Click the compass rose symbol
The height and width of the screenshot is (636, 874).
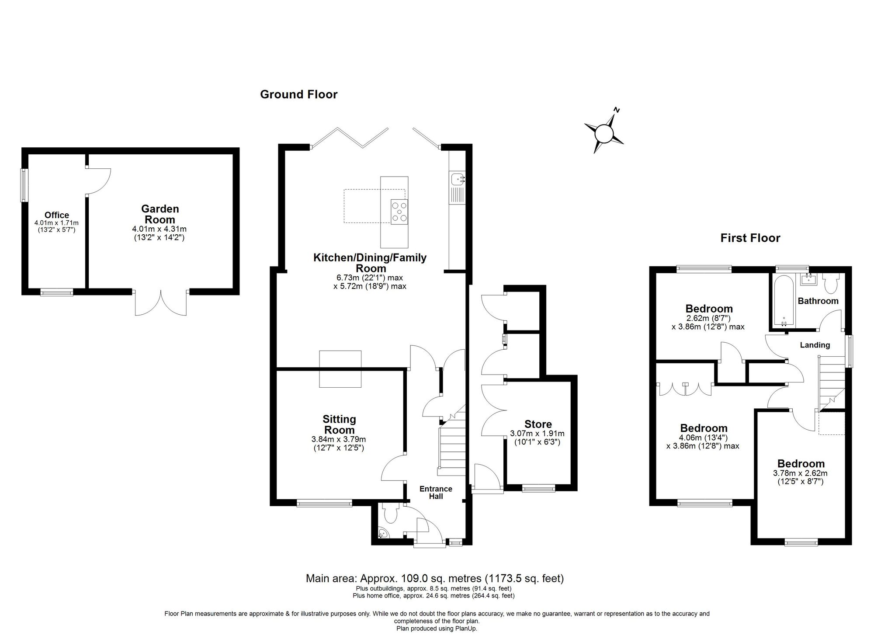(x=604, y=132)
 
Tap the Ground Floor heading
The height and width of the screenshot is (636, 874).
(x=298, y=94)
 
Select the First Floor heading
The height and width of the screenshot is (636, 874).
(x=750, y=238)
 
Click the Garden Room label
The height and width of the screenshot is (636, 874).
(x=160, y=214)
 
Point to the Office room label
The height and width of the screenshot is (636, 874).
(x=57, y=215)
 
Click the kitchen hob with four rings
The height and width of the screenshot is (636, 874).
(x=399, y=212)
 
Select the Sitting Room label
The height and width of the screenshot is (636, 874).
(x=339, y=424)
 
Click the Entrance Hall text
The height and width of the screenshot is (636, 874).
(x=436, y=492)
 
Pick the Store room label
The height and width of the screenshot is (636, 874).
(x=538, y=424)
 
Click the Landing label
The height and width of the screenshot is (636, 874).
(x=815, y=345)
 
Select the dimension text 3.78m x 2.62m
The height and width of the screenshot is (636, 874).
(x=800, y=473)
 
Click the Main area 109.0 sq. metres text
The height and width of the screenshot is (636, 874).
(x=434, y=578)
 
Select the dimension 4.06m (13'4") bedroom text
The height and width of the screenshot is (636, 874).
(x=703, y=437)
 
